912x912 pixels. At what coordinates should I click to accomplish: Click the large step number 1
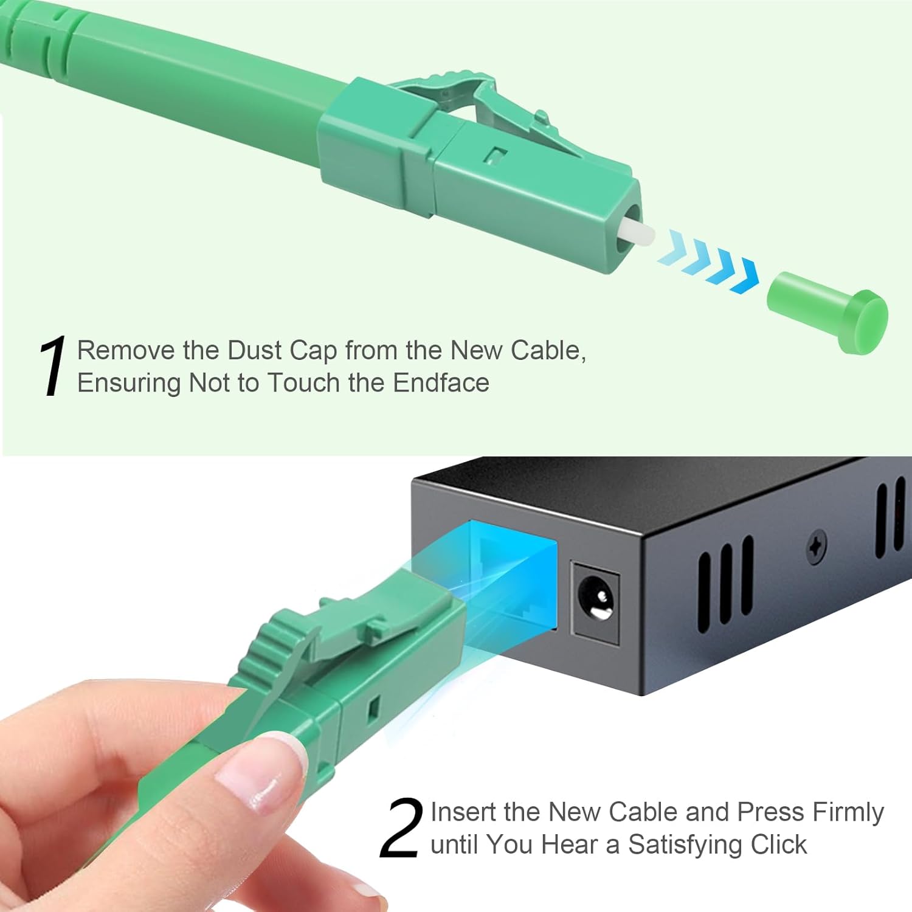[x=54, y=367]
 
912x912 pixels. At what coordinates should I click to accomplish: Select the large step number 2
[x=401, y=828]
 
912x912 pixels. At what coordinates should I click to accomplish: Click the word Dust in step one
[x=255, y=351]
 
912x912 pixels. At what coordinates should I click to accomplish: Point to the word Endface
[x=441, y=383]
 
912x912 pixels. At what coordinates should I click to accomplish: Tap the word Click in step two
[x=778, y=845]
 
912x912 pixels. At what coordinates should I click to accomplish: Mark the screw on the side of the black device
[x=817, y=547]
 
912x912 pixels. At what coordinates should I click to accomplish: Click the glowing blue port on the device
[x=514, y=572]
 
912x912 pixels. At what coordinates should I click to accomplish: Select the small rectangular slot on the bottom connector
[x=373, y=706]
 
